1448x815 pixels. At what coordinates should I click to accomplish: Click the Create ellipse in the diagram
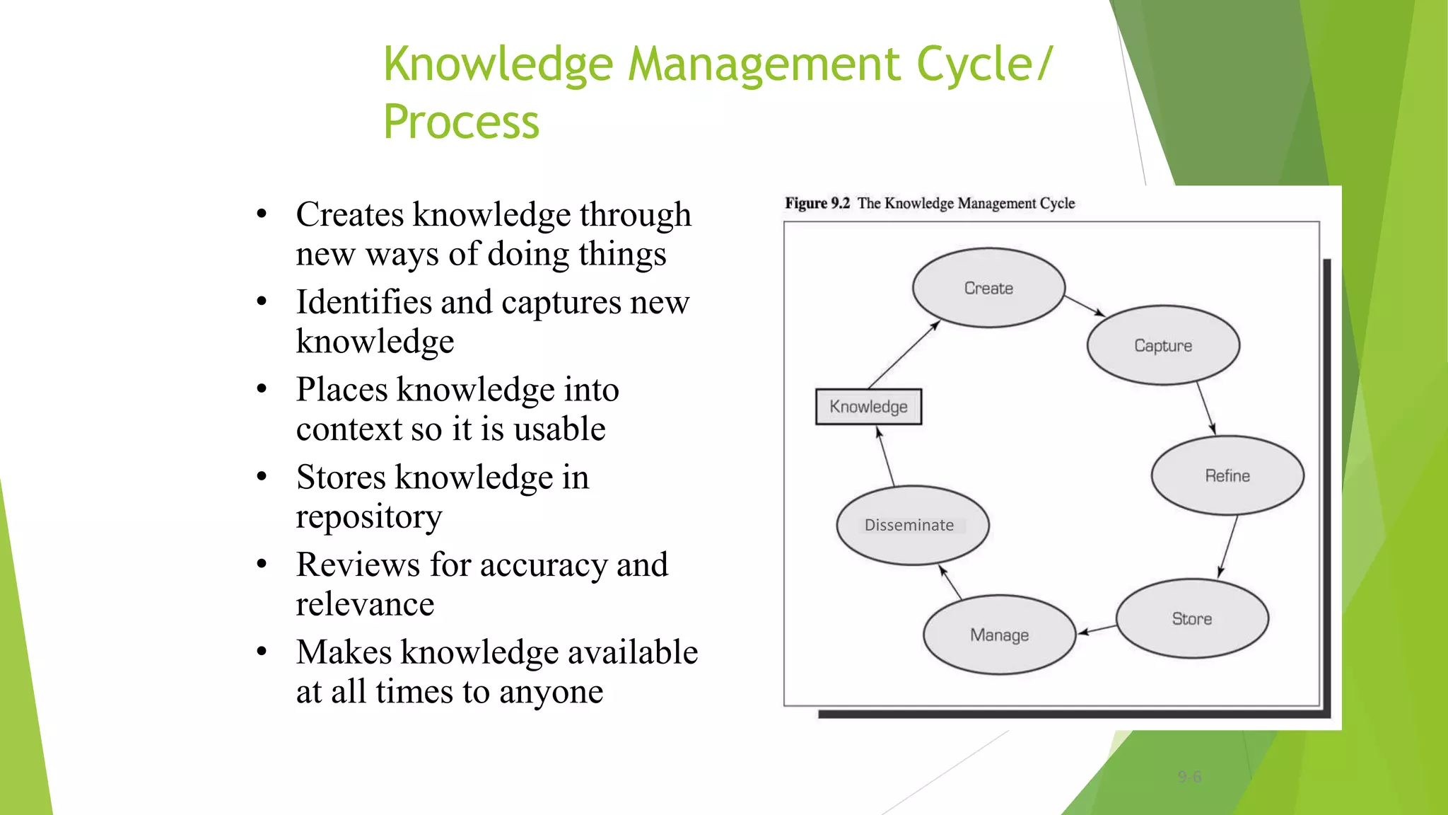(x=988, y=288)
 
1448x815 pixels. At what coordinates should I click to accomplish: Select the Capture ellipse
(x=1163, y=345)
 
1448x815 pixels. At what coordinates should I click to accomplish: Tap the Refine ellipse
(x=1227, y=475)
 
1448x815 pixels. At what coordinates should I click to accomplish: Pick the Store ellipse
(x=1192, y=618)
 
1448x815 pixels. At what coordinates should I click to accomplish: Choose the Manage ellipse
(x=999, y=635)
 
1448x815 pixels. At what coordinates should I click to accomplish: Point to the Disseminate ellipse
(x=912, y=525)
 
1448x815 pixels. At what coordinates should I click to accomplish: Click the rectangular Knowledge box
(x=868, y=407)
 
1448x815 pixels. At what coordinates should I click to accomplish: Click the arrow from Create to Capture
(x=1085, y=306)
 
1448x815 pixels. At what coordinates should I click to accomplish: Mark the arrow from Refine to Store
(x=1228, y=546)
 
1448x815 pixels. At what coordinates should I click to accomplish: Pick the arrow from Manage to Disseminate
(x=950, y=583)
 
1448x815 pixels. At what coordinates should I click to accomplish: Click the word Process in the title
(x=461, y=122)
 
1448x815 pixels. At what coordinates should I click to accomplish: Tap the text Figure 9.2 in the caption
(x=817, y=204)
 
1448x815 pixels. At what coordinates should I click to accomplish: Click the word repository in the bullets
(x=369, y=517)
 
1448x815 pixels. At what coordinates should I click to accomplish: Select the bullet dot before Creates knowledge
(x=262, y=214)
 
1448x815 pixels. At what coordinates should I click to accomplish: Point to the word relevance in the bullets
(x=365, y=604)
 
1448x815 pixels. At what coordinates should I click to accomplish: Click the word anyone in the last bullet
(x=551, y=692)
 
